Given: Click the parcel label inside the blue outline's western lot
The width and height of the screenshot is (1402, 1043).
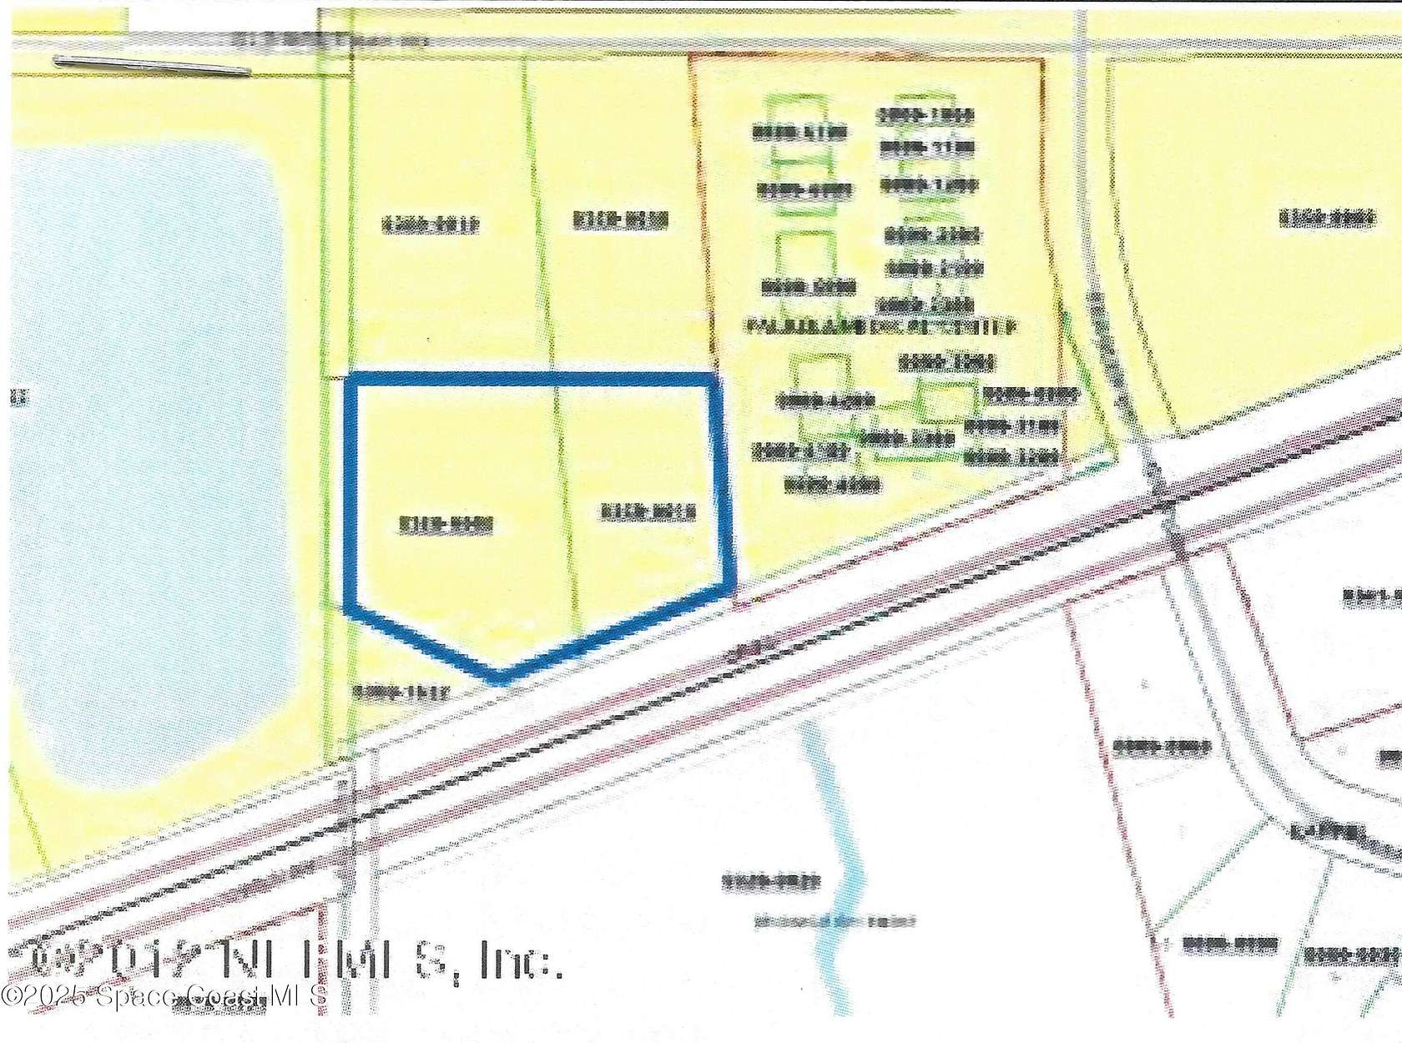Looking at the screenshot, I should point(446,525).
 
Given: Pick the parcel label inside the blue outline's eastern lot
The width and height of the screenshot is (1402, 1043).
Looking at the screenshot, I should point(648,512).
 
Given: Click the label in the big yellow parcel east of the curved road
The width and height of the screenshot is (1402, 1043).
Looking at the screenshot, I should point(1327,219).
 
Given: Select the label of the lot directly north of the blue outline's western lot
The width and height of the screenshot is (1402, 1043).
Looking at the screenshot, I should point(431,224).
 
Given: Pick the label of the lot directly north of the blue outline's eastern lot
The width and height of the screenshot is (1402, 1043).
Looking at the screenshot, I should point(621,219).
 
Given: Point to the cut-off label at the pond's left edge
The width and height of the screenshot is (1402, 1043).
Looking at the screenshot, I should point(18,399).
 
